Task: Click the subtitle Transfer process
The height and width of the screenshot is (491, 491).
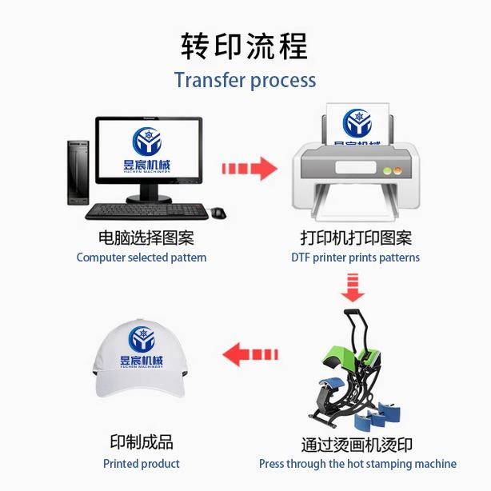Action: [x=245, y=81]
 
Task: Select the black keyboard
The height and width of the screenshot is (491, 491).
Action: [x=146, y=211]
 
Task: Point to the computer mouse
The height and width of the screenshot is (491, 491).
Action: [x=218, y=213]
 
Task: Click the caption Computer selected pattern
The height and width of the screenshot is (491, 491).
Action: [x=142, y=257]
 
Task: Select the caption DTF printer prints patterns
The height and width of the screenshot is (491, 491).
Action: [x=355, y=257]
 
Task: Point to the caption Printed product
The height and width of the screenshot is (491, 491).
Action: [x=142, y=464]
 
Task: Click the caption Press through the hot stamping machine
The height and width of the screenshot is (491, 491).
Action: [x=357, y=464]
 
